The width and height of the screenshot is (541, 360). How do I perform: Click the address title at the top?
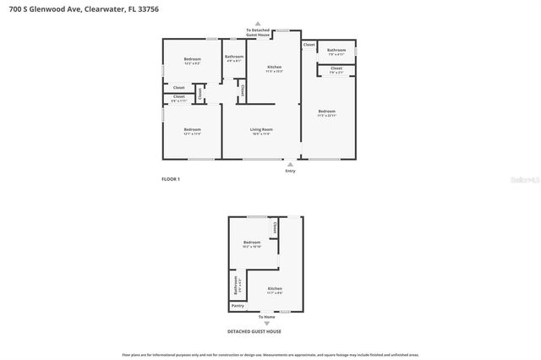(x=81, y=9)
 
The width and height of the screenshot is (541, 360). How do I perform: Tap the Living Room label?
(x=261, y=130)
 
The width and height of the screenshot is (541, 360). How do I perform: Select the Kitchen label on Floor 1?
(x=275, y=68)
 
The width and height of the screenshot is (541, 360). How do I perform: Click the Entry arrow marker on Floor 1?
(x=291, y=164)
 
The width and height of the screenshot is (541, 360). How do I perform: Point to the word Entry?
(x=291, y=171)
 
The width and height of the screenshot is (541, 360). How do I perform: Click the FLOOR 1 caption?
(x=171, y=179)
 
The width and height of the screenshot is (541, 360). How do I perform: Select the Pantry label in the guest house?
(x=238, y=306)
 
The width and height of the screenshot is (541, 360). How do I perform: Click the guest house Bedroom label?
(x=251, y=243)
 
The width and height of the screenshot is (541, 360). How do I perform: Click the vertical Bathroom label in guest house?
(x=236, y=286)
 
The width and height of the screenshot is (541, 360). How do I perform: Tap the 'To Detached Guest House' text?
(x=258, y=32)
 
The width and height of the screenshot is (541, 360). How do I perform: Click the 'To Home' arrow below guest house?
(x=266, y=323)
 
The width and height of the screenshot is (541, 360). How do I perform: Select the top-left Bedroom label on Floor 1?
(x=193, y=59)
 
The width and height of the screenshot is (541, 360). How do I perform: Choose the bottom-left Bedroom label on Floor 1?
(x=193, y=129)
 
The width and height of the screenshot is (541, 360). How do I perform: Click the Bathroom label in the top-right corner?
(x=336, y=50)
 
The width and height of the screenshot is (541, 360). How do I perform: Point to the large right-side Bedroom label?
(x=326, y=112)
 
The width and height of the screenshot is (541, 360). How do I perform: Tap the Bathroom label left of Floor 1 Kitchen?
(x=233, y=57)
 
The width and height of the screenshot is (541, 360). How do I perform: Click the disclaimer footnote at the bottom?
(x=270, y=355)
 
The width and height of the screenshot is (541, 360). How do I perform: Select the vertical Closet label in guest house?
(x=275, y=228)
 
